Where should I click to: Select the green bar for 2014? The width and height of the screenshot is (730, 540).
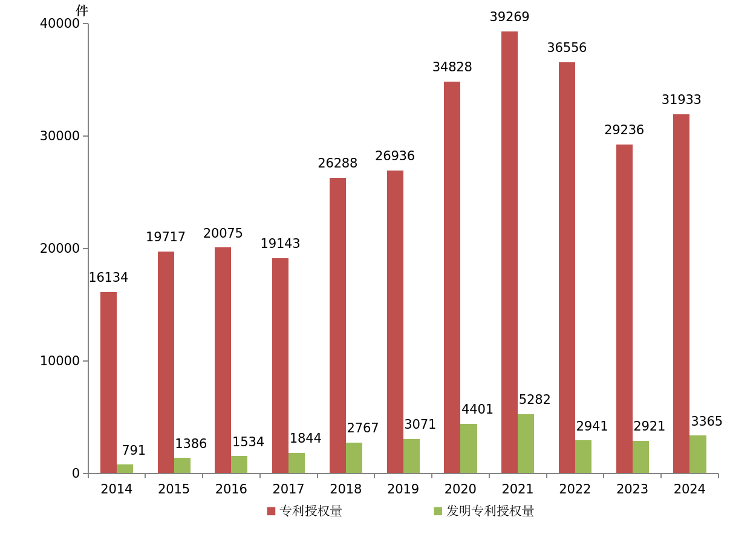(125, 469)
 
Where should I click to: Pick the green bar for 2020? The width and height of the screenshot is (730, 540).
(469, 448)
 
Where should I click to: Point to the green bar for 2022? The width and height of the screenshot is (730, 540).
(583, 457)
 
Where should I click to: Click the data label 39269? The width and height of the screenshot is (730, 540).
(509, 17)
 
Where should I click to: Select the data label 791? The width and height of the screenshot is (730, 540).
(134, 451)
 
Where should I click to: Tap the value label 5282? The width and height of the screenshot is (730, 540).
(535, 400)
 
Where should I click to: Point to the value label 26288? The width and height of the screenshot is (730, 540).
(337, 163)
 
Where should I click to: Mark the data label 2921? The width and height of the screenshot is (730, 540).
(649, 426)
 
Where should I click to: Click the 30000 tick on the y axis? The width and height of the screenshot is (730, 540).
(59, 136)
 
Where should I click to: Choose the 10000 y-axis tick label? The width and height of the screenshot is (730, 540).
(59, 361)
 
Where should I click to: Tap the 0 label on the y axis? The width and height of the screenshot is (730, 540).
(76, 473)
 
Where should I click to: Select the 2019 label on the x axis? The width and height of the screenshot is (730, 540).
(403, 489)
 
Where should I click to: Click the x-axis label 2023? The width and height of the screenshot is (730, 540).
(632, 489)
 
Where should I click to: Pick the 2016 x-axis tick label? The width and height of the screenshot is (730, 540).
(231, 489)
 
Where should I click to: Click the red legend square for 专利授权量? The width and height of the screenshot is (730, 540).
(272, 512)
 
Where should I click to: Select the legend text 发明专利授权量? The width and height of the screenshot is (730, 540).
(490, 512)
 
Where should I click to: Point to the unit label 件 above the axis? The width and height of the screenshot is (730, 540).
(82, 10)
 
